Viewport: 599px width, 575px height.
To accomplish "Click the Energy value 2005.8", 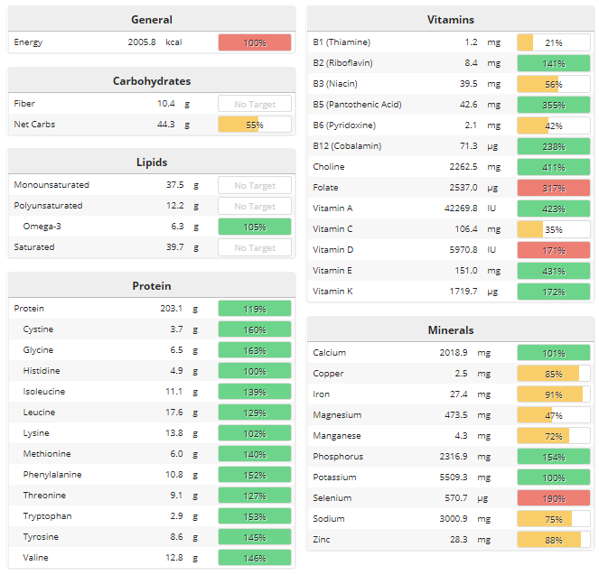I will tap(141, 42).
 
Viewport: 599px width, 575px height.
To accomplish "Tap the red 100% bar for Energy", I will tap(255, 42).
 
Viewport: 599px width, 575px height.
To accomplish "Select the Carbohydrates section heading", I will tap(152, 81).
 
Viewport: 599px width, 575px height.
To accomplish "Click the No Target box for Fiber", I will tap(255, 104).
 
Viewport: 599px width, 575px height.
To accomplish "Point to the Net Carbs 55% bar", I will tap(255, 125).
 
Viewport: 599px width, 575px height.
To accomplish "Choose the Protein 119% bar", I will tap(255, 309).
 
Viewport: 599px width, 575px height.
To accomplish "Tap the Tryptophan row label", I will tap(47, 516).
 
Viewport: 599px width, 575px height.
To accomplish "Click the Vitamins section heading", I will tap(451, 20).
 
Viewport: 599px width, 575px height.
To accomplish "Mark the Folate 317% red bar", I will tap(553, 188).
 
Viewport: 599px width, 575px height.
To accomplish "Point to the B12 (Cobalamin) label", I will tap(347, 146).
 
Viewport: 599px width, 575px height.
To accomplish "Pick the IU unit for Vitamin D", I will tap(493, 250).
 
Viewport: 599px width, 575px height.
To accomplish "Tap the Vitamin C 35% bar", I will tap(553, 229).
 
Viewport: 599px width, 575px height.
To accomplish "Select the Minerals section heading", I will tap(451, 330).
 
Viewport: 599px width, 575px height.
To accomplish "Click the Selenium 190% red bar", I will tap(553, 498).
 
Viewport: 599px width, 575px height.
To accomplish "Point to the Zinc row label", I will tap(323, 540).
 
